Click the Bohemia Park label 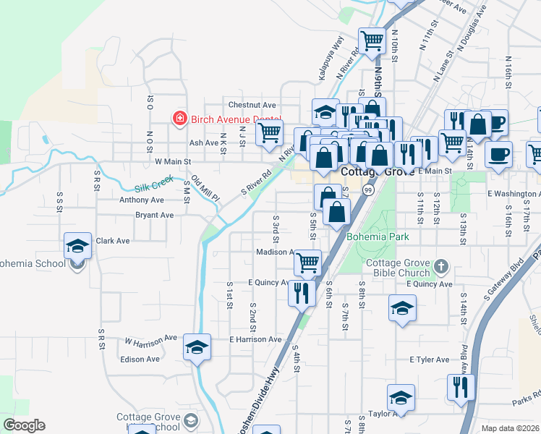tap(378, 237)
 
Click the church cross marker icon tap(440, 268)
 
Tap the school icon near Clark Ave tap(77, 246)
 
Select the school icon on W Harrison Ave tap(197, 347)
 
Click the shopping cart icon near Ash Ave tap(269, 132)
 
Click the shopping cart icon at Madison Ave tap(308, 262)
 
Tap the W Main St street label tap(171, 162)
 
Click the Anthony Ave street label tap(142, 200)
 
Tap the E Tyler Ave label tap(429, 359)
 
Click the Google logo tap(24, 425)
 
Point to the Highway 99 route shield tap(368, 190)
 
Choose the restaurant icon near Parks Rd tap(459, 386)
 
